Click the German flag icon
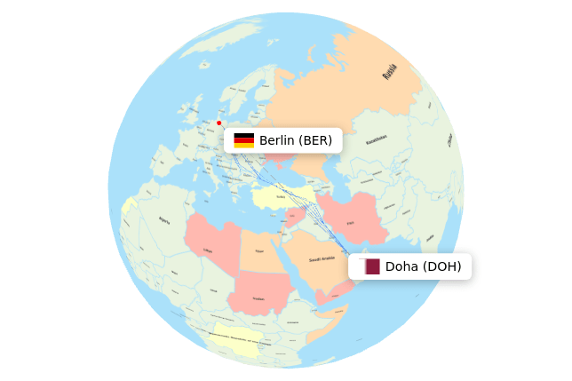click(x=244, y=140)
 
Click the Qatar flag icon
click(x=372, y=266)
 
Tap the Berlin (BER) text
click(x=296, y=140)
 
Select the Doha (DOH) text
click(x=423, y=266)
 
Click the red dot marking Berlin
click(x=218, y=123)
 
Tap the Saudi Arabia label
click(x=321, y=259)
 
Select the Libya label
click(x=208, y=250)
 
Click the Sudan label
click(x=258, y=298)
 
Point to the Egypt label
click(x=259, y=251)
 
